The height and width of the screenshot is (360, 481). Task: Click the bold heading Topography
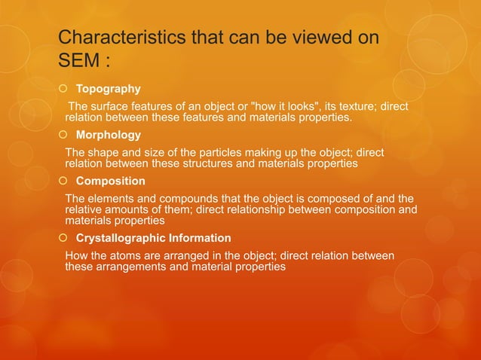(109, 90)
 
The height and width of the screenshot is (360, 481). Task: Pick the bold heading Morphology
(108, 136)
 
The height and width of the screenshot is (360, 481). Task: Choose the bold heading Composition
(111, 182)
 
